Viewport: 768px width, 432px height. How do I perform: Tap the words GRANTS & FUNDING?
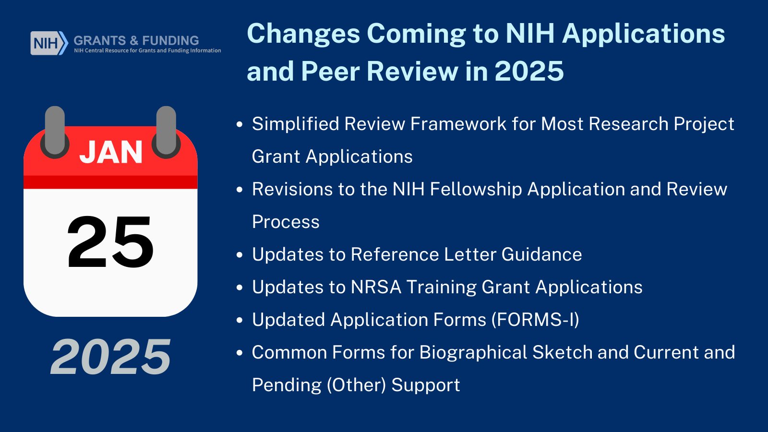point(136,40)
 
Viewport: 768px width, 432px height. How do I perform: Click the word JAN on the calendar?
point(111,152)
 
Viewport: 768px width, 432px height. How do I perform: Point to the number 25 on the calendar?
point(110,242)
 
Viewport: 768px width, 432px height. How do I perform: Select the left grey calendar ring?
point(55,132)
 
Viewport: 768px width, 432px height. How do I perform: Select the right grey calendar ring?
point(166,132)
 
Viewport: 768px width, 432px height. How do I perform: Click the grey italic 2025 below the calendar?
point(110,357)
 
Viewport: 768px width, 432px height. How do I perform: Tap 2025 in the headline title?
point(529,71)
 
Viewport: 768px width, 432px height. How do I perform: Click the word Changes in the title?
point(303,34)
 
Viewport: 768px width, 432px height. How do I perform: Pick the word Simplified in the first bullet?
point(295,124)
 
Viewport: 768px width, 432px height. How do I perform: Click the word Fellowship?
point(476,189)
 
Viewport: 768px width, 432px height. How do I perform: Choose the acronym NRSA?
point(376,287)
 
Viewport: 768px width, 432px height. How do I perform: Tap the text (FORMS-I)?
point(535,320)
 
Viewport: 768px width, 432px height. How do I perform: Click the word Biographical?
point(473,352)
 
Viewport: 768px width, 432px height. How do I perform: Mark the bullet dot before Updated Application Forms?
point(240,320)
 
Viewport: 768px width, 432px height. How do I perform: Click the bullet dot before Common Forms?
point(240,353)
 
